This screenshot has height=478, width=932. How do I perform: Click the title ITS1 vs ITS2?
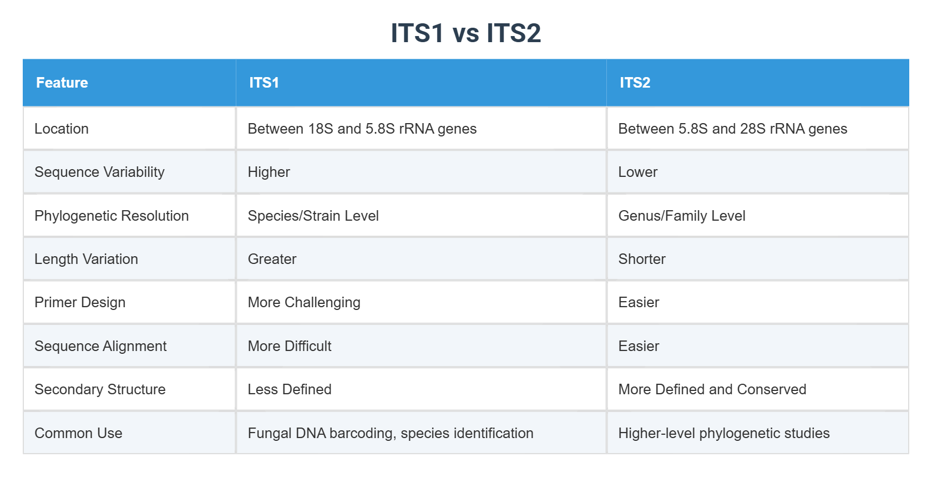tap(465, 33)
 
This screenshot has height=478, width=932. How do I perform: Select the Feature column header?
tap(62, 83)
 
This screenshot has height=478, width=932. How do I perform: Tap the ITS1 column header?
tap(264, 83)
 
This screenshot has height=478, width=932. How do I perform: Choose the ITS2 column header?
tap(635, 83)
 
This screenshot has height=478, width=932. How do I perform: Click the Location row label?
tap(62, 129)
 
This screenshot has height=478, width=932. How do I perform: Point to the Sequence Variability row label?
tap(99, 172)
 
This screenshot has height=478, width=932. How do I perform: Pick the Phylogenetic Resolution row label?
tap(112, 216)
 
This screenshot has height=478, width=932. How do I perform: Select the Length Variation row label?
tap(86, 259)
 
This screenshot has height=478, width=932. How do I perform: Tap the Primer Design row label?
tap(80, 302)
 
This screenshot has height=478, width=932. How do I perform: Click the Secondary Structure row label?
tap(100, 389)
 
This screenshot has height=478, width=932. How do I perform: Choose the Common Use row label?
tap(78, 433)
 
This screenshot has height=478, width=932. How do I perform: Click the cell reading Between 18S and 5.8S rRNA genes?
tap(362, 129)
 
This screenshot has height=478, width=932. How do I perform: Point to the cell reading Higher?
tap(269, 172)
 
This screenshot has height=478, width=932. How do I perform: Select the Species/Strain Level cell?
tap(313, 216)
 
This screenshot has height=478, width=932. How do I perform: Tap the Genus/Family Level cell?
tap(682, 216)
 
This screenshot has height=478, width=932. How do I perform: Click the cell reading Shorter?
tap(642, 259)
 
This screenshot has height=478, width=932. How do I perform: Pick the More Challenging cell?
tap(304, 302)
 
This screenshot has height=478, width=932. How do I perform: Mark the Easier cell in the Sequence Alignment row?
tap(639, 346)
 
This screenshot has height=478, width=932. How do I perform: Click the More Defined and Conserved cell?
tap(712, 389)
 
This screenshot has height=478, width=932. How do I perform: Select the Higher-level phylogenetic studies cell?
tap(724, 433)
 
